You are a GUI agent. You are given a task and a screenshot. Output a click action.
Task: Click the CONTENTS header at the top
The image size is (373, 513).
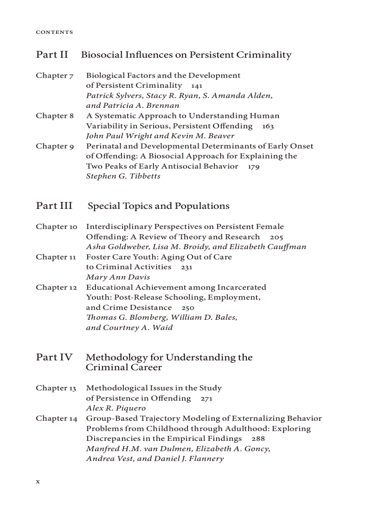click(54, 32)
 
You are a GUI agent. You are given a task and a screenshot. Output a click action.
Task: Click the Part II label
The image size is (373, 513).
click(52, 55)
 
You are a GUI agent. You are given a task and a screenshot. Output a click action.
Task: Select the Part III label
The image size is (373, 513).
click(54, 206)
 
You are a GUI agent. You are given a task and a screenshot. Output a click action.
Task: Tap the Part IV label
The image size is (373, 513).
click(54, 357)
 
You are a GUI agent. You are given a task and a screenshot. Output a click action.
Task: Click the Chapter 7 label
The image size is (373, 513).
click(55, 75)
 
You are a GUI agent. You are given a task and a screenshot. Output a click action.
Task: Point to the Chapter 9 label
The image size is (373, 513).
click(55, 146)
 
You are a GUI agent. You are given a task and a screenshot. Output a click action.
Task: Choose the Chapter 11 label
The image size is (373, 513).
click(56, 257)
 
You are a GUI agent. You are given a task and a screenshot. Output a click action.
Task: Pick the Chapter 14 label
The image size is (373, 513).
click(57, 418)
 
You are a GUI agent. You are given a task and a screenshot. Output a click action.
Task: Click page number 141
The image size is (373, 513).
click(197, 86)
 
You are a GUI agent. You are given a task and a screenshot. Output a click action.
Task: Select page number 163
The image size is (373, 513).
click(268, 126)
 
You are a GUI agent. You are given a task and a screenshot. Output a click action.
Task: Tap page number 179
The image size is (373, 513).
click(254, 167)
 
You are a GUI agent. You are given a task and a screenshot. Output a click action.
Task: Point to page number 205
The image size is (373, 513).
click(277, 237)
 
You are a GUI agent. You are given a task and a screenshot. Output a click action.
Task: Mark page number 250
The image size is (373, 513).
click(188, 308)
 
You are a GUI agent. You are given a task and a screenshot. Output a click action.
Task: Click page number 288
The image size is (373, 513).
click(258, 439)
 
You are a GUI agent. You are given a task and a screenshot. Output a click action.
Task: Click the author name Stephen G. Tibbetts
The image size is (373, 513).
click(123, 176)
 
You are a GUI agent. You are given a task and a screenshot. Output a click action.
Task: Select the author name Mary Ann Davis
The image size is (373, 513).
click(118, 277)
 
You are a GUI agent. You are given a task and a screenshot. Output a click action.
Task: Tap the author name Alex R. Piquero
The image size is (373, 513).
click(116, 408)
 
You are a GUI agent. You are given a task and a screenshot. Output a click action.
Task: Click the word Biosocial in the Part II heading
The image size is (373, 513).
click(101, 55)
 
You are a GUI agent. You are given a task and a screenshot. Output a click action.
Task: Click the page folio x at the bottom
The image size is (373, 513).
click(38, 481)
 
